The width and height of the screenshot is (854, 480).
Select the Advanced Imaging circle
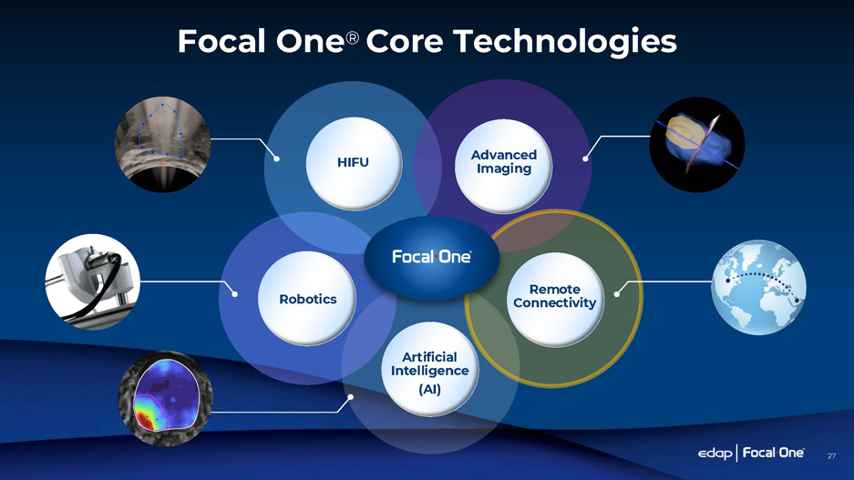click(503, 163)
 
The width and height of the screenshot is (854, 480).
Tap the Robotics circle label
click(309, 299)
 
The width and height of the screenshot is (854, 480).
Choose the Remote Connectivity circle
click(554, 297)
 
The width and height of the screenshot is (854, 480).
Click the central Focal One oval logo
click(431, 258)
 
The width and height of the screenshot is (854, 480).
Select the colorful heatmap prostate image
click(164, 402)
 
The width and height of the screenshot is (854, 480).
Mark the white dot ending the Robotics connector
click(235, 293)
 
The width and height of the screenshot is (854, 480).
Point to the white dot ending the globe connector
click(618, 292)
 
